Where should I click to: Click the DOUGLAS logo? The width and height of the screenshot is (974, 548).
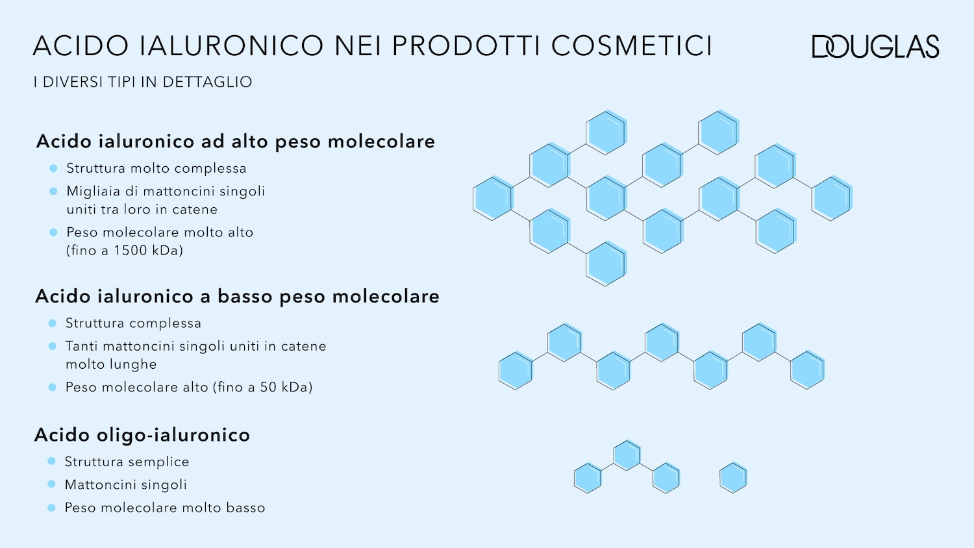pos(875,47)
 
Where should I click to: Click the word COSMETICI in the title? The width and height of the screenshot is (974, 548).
pos(631,46)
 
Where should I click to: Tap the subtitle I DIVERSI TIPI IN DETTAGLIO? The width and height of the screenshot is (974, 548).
pos(143,82)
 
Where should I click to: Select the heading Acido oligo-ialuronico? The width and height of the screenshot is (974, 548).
pos(142,435)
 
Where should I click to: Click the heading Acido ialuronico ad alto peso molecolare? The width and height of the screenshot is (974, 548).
pos(236,142)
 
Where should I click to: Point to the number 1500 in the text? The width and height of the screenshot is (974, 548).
pos(131,251)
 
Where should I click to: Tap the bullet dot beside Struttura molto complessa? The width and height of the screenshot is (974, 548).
pos(53,168)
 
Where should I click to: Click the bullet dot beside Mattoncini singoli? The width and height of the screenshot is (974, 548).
pos(51,484)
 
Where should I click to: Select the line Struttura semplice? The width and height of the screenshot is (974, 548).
pos(127,462)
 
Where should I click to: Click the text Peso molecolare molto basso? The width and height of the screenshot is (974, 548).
pos(165,508)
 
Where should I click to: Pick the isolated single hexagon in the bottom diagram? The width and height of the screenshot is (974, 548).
pos(733,478)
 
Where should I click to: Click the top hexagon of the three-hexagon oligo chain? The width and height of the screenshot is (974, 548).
pos(627,455)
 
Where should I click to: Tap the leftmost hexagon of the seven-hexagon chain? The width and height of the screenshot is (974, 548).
pos(516,371)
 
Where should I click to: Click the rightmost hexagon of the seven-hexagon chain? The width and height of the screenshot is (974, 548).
pos(807,370)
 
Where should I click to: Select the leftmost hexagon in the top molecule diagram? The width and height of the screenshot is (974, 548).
pos(493,198)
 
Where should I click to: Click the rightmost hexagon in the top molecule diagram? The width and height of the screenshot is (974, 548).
pos(832,198)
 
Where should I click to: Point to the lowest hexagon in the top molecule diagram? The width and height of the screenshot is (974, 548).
pos(606,264)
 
